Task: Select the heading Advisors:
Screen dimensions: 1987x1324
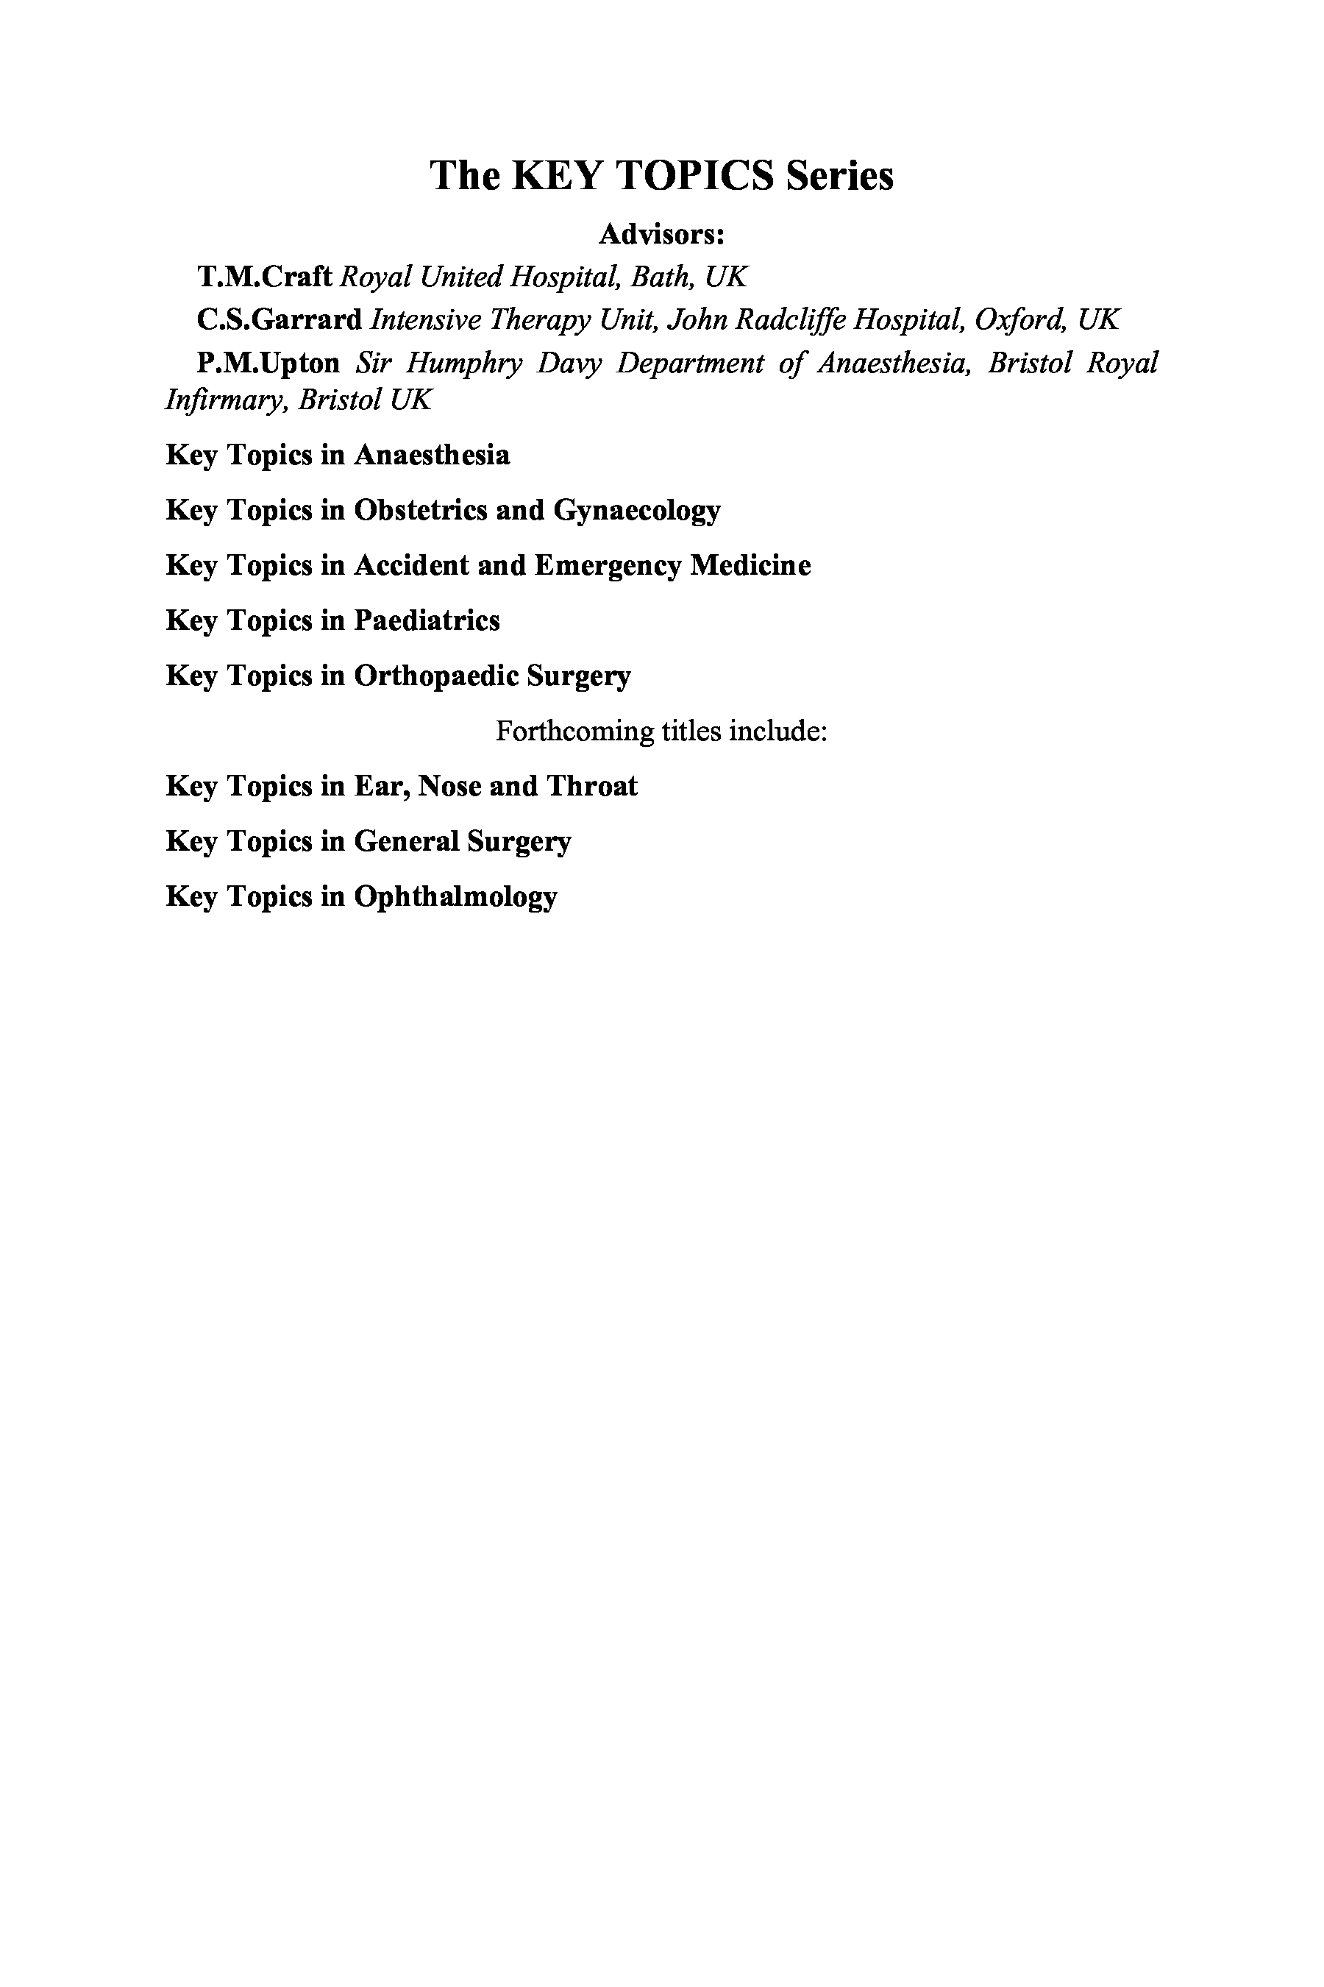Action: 662,234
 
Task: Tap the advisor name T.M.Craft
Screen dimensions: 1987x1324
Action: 264,276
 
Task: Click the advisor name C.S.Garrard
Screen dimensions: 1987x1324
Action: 280,319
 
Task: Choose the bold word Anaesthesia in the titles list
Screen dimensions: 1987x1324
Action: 432,456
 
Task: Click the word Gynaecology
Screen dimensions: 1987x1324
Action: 637,510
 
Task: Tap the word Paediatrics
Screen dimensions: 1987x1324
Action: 427,621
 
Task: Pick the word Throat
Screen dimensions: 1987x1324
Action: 592,787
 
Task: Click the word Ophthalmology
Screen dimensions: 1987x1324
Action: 455,896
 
